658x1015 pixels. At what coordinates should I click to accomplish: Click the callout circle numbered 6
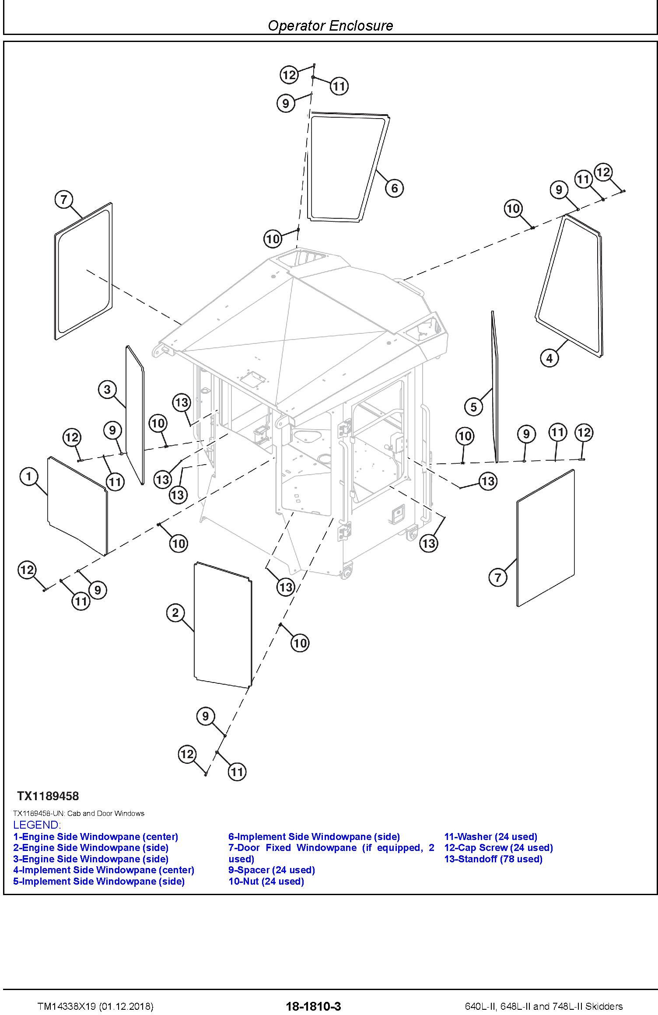click(x=394, y=188)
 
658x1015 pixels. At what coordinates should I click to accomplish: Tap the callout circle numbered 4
click(x=549, y=358)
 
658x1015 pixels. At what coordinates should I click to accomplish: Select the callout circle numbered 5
click(x=473, y=407)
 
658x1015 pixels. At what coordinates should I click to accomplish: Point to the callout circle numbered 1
click(x=29, y=476)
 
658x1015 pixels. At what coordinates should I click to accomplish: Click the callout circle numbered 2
click(x=175, y=612)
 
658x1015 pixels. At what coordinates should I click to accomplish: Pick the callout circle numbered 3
click(x=108, y=389)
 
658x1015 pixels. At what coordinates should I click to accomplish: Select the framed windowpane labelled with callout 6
click(x=348, y=166)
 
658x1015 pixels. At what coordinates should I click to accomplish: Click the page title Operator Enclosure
click(x=330, y=26)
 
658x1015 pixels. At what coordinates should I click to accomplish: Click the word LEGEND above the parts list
click(x=37, y=825)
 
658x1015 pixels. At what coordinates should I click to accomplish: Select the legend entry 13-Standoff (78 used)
click(x=493, y=859)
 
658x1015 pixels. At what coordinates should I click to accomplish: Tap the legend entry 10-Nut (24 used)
click(x=266, y=881)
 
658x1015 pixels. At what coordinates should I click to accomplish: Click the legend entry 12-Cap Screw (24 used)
click(x=498, y=848)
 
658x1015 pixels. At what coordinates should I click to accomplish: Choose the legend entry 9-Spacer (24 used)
click(x=271, y=870)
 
